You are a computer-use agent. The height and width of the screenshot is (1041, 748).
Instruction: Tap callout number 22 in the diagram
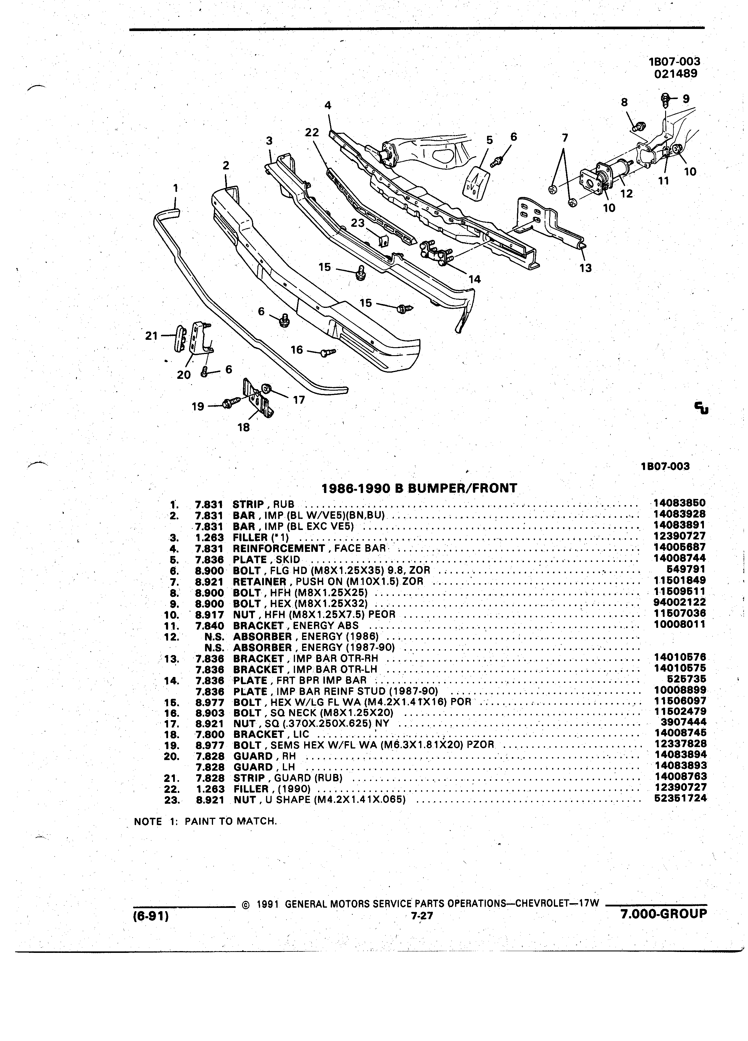(312, 132)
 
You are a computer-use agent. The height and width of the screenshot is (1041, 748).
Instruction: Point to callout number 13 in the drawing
(586, 268)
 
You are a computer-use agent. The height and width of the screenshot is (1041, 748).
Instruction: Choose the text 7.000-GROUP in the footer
(663, 914)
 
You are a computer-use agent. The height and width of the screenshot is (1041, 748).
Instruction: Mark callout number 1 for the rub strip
(175, 188)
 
